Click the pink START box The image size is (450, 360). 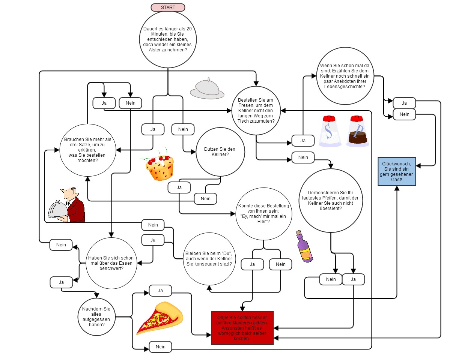click(x=168, y=7)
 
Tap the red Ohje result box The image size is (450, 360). click(x=242, y=328)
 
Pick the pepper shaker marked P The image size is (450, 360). click(x=358, y=131)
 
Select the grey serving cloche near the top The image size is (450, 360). click(x=207, y=89)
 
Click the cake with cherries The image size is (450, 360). click(x=160, y=167)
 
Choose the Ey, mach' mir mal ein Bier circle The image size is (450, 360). click(x=263, y=214)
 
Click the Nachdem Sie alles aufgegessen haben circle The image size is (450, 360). click(x=96, y=317)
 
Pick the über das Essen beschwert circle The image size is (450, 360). click(x=111, y=263)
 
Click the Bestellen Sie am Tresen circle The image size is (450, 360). click(x=256, y=110)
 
